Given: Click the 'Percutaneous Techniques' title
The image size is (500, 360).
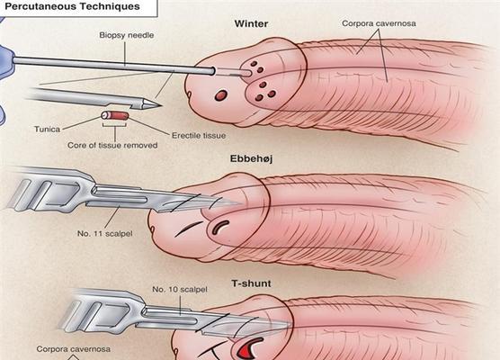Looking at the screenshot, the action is point(73,6).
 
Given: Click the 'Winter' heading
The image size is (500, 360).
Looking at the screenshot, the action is point(251,24).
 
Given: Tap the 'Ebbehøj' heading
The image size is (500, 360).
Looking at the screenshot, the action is point(251,159).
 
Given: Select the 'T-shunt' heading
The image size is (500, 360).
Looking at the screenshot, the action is point(251,283).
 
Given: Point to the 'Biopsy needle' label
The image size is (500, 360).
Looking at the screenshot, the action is point(127,35).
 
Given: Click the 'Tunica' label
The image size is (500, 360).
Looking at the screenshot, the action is point(47,130).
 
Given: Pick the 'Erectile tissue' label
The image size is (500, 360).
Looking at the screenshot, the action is point(199,136).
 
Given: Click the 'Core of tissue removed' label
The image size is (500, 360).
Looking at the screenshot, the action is point(112,146).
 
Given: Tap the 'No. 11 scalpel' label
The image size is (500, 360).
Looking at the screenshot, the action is point(105,234).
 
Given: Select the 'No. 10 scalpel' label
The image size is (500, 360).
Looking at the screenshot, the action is point(180,290).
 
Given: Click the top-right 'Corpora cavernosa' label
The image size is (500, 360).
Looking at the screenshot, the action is point(379,23).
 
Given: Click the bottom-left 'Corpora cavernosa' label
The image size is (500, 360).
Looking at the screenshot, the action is point(74,349).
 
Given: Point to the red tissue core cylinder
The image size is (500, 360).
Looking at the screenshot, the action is point(115,115).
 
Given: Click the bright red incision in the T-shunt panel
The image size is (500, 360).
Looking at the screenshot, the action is point(249,348).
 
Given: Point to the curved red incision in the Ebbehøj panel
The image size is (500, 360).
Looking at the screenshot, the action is point(219,227).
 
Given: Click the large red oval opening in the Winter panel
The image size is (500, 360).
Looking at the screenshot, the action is point(220,95).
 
